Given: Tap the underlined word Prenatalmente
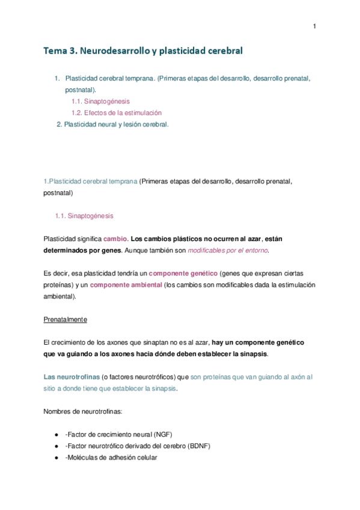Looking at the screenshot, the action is point(66,319).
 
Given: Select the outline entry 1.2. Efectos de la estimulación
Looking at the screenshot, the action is point(116,112).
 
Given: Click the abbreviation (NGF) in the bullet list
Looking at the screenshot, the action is point(162,434).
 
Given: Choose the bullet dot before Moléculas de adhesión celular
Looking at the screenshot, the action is point(56,458).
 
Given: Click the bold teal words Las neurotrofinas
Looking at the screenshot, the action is point(72,377).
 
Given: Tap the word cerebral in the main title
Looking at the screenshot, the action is point(223,51).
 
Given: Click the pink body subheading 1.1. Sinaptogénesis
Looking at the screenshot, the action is point(84,215).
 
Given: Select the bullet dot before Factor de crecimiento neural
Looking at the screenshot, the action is point(56,434).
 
